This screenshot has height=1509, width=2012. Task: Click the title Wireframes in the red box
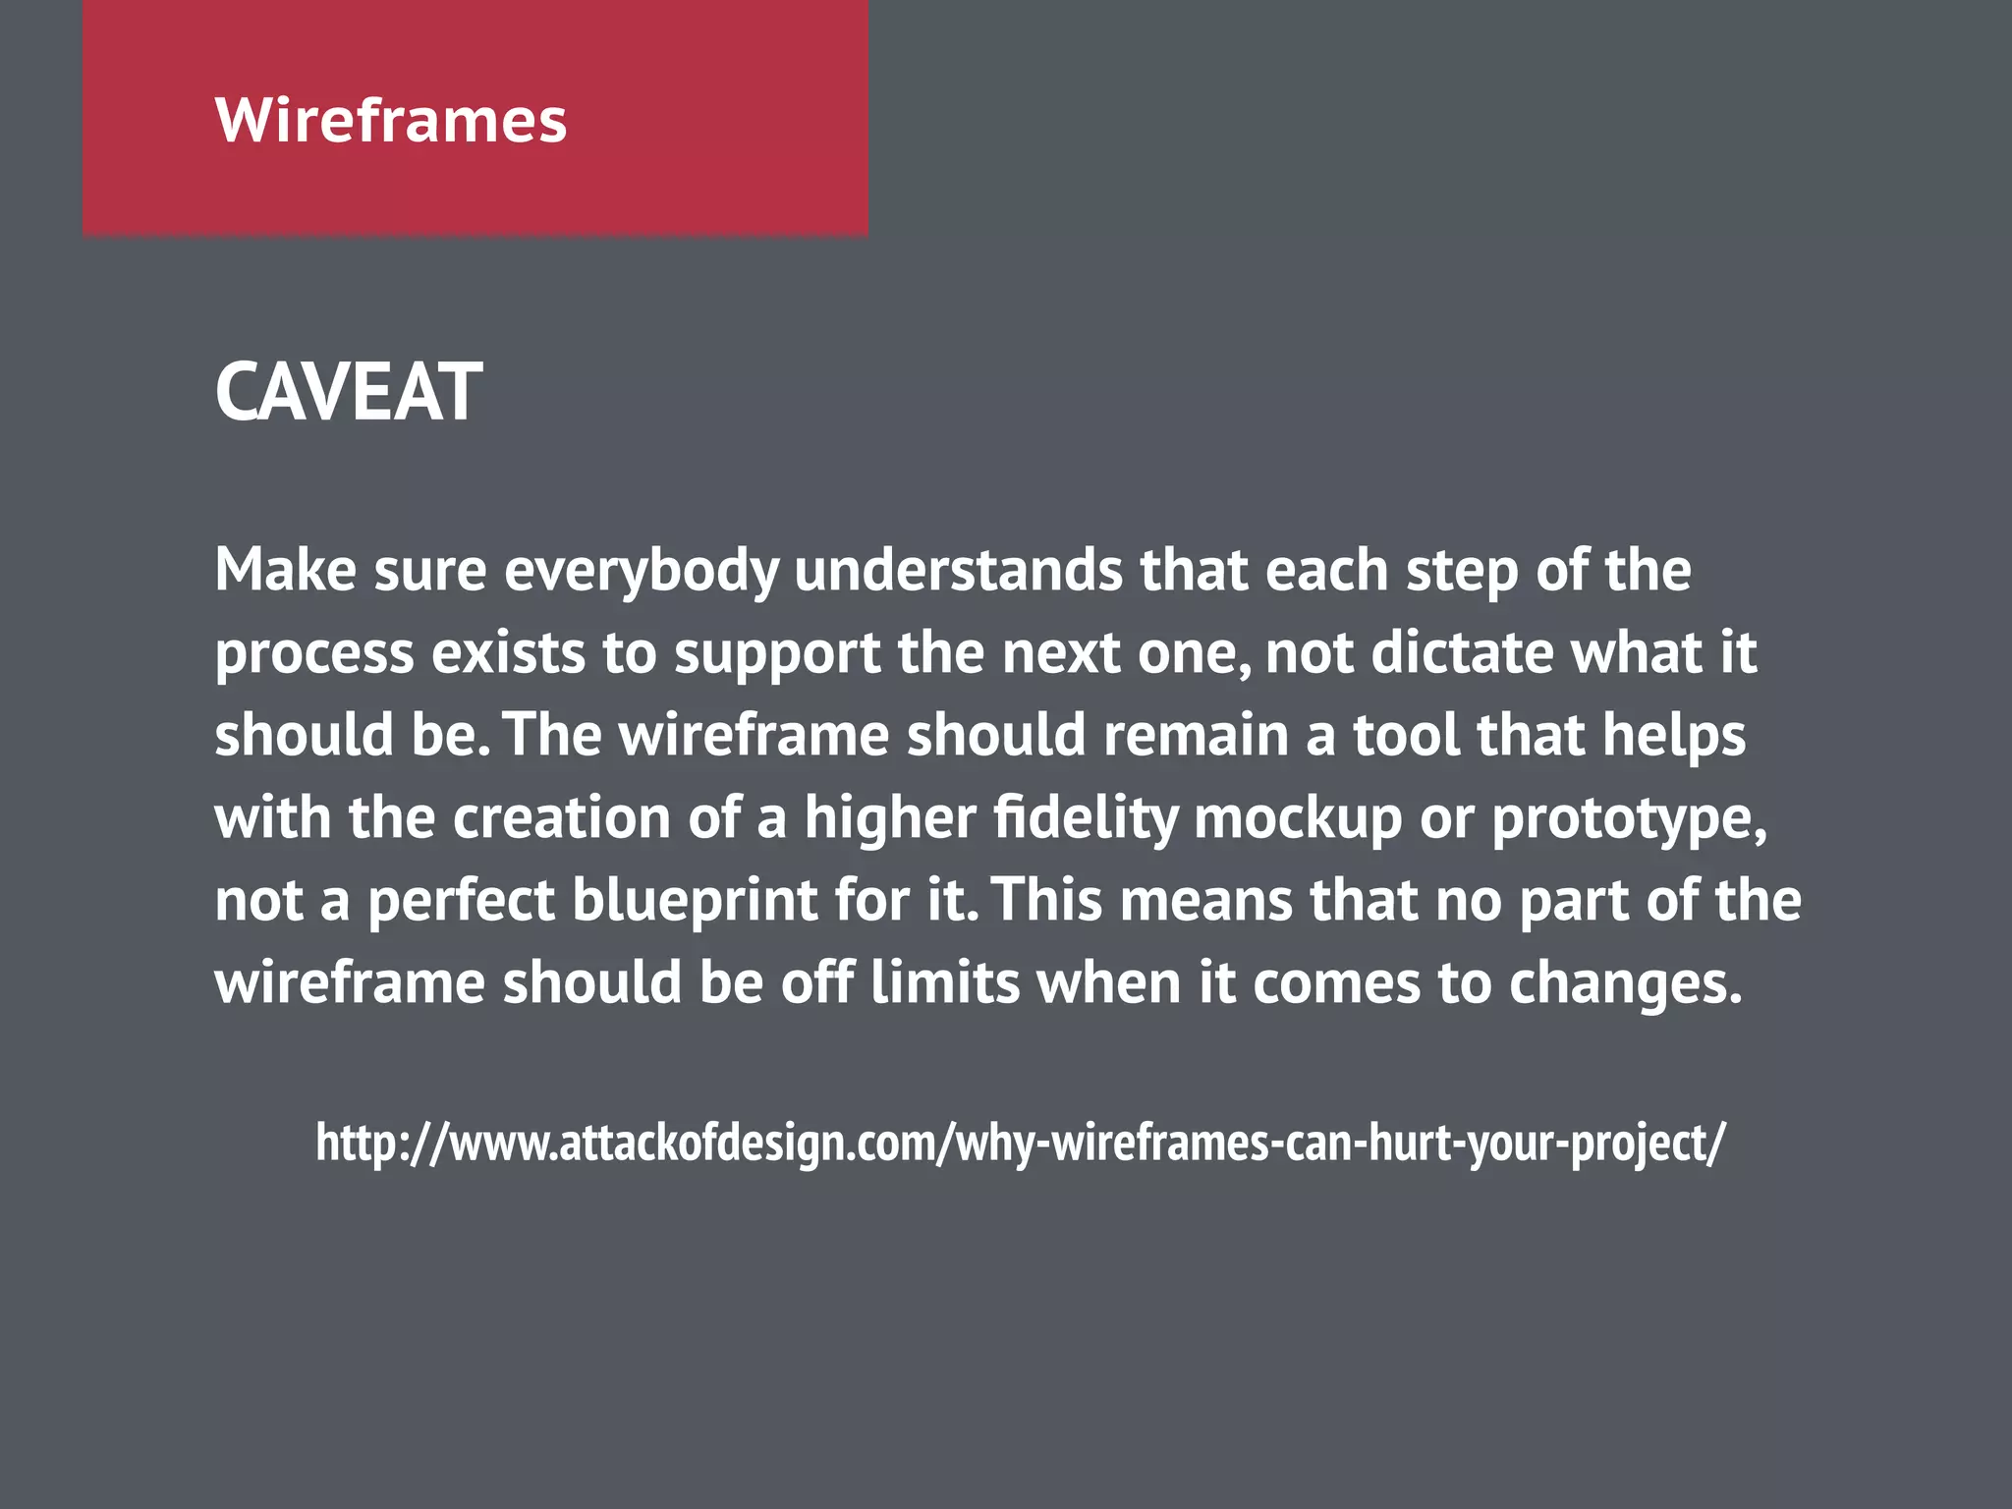390,120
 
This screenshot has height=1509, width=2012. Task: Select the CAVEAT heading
348,392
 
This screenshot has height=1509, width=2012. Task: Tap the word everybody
642,571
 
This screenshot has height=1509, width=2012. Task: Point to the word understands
958,571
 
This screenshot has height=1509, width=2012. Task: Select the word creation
561,817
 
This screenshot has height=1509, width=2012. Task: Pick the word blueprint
695,901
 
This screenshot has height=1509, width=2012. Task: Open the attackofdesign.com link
1020,1143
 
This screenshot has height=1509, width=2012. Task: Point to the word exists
508,653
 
